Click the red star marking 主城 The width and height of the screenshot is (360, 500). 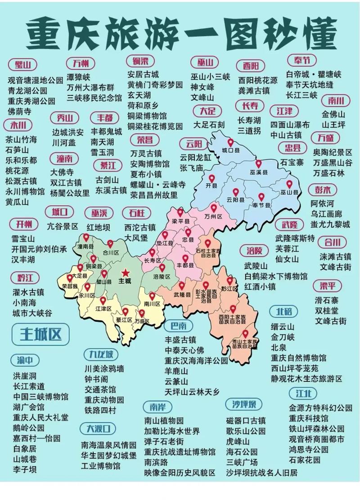[125, 273]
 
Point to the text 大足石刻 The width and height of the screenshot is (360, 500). [209, 125]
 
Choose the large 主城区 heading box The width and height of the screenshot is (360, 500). [40, 334]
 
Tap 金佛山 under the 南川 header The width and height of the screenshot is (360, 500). [333, 114]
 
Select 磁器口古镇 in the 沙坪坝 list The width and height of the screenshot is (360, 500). [246, 420]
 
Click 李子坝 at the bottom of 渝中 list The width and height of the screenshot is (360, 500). [25, 469]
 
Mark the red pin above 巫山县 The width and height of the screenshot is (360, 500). [290, 185]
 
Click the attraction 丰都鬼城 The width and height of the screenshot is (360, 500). [106, 132]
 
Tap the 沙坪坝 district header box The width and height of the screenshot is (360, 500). [244, 404]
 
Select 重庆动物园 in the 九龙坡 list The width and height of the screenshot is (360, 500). [104, 400]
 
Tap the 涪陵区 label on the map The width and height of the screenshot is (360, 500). [162, 276]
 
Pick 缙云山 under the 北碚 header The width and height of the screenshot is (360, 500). [282, 326]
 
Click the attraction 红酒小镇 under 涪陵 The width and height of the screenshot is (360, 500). [260, 286]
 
